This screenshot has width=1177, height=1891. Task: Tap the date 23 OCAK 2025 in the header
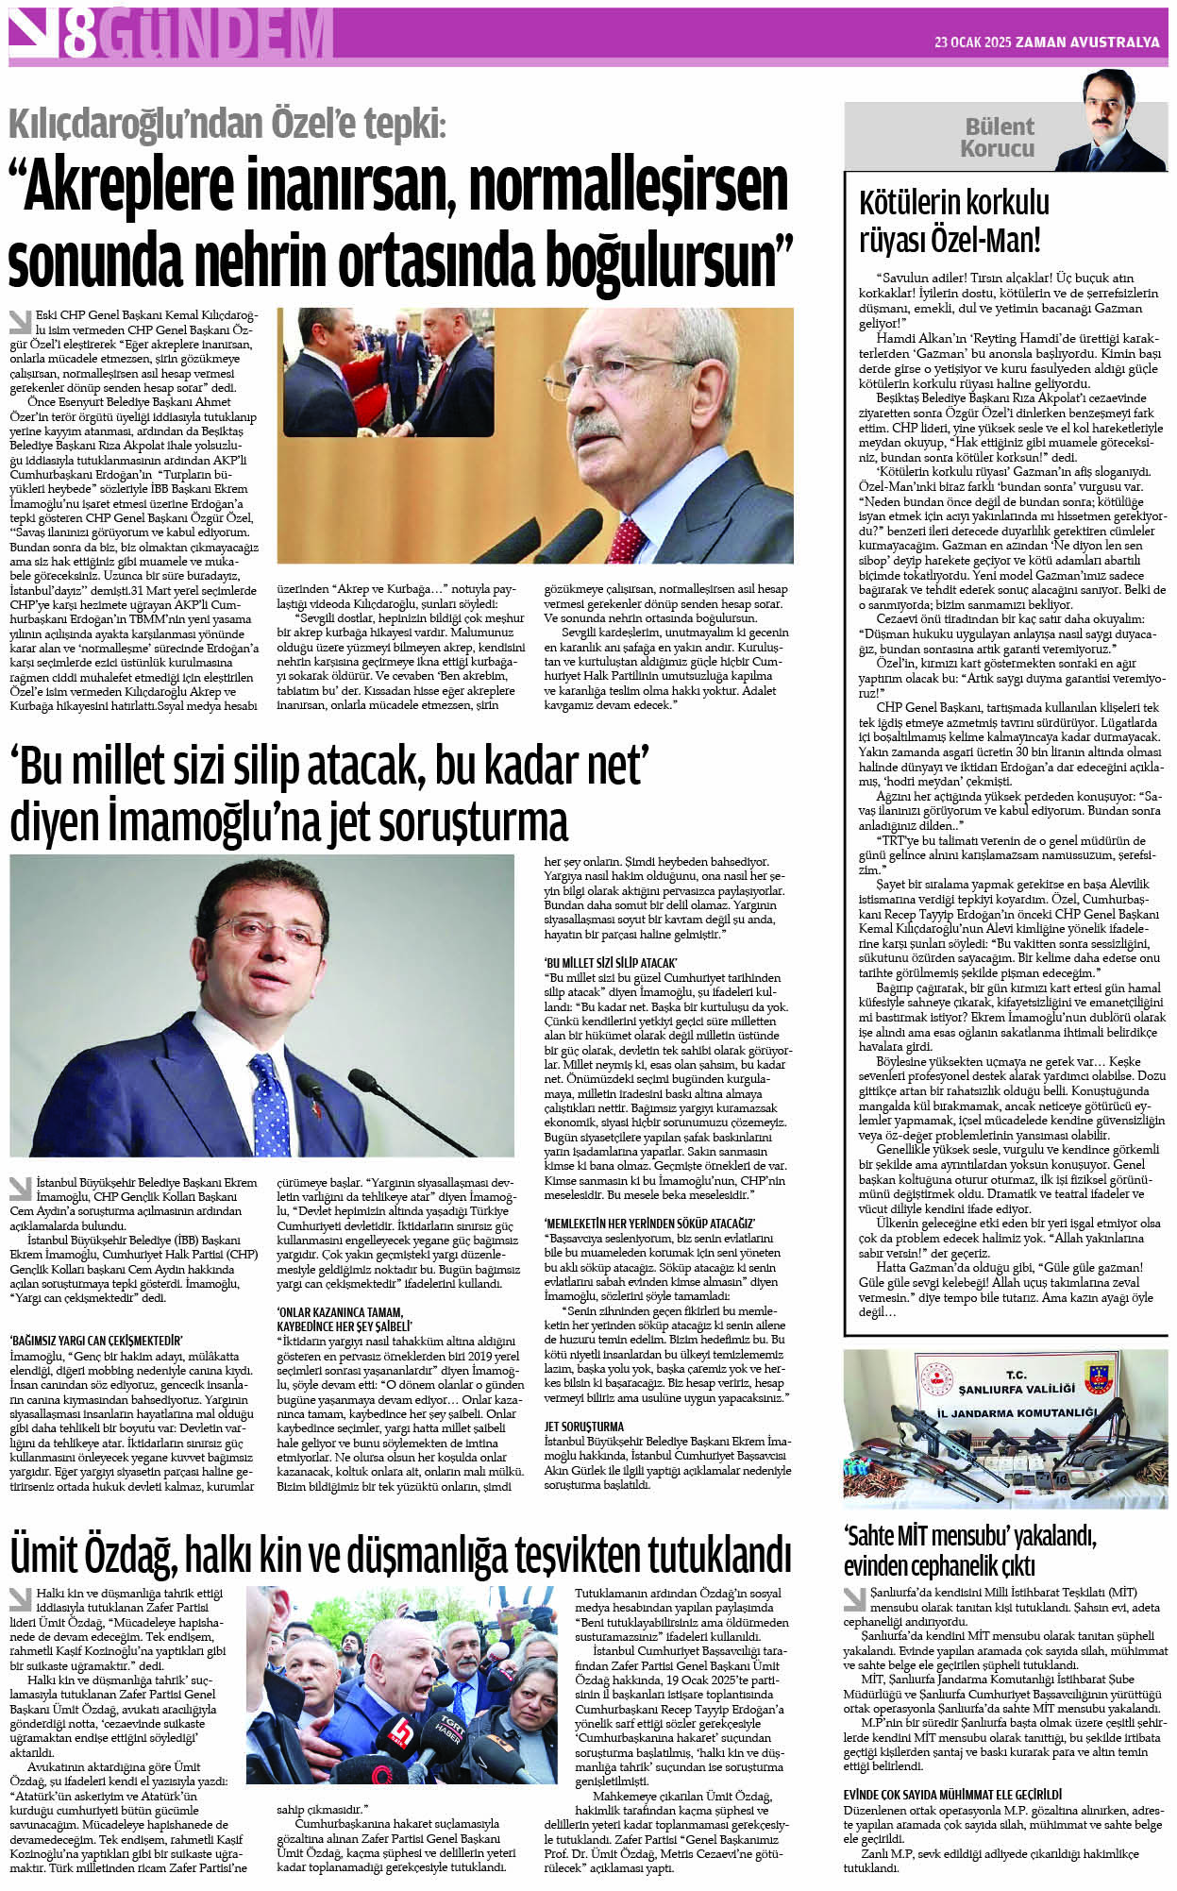click(x=972, y=42)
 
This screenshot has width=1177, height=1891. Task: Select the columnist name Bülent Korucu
click(x=997, y=138)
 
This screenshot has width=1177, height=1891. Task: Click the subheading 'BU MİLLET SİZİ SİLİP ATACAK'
click(x=611, y=962)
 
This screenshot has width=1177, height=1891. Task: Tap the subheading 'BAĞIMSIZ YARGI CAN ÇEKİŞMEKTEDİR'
click(x=96, y=1341)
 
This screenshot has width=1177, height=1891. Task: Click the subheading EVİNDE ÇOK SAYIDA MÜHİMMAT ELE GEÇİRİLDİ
click(x=952, y=1794)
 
